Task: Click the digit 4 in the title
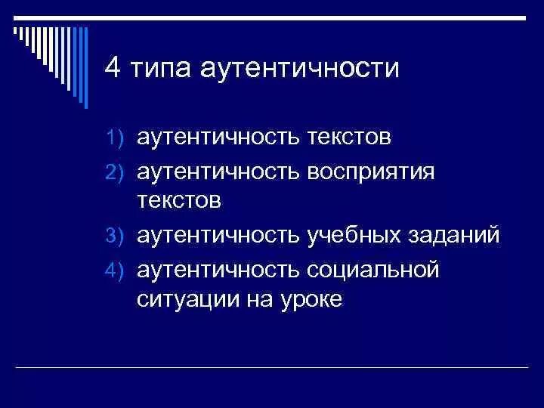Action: (113, 70)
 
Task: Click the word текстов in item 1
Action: (349, 138)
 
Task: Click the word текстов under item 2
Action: (179, 202)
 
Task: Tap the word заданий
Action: (457, 236)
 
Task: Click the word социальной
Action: (373, 268)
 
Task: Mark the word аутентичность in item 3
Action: (218, 236)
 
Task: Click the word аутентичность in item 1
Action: (218, 138)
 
